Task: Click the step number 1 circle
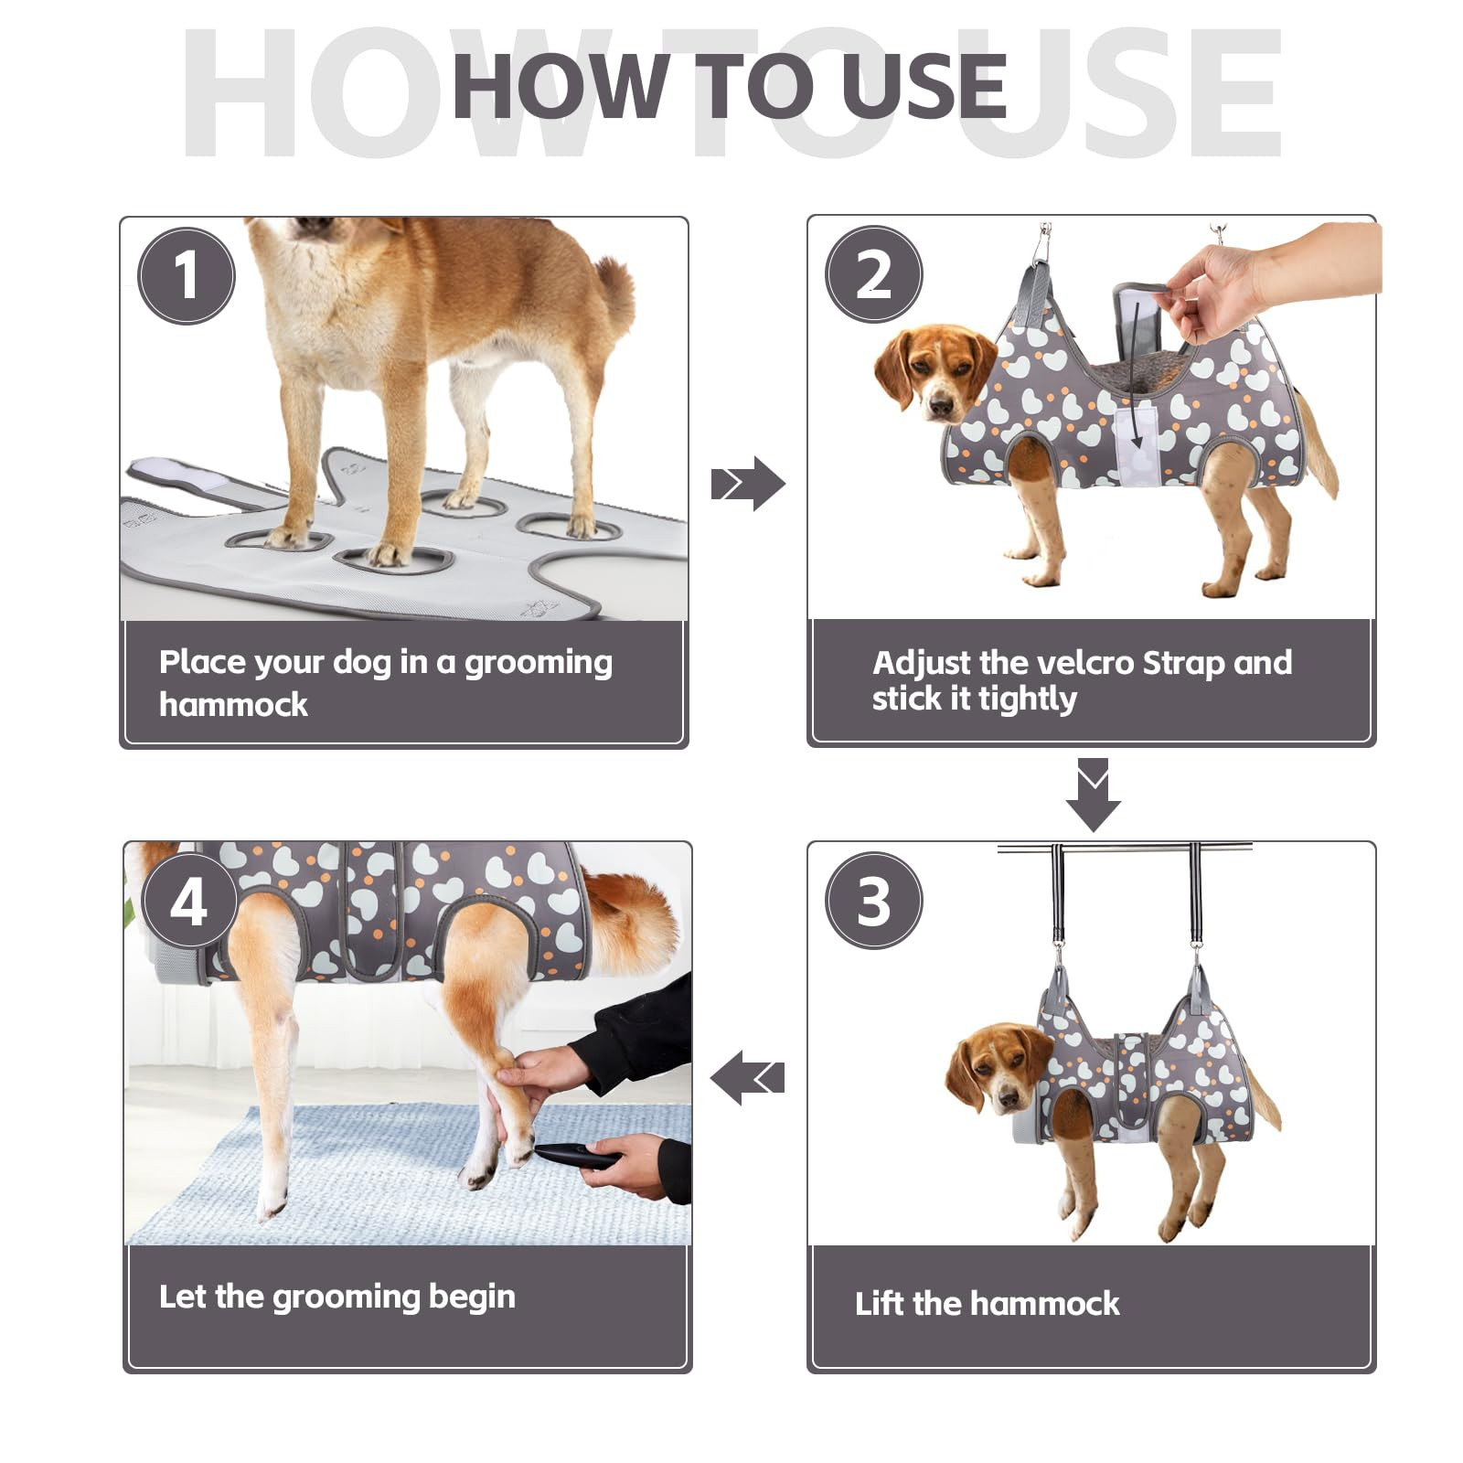[x=187, y=275]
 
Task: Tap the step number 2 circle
[x=874, y=273]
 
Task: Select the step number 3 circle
[x=874, y=901]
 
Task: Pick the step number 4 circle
[x=189, y=902]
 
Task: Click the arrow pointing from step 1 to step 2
[x=748, y=484]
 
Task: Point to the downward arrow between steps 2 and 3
[x=1093, y=795]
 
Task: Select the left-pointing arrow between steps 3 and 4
[x=747, y=1077]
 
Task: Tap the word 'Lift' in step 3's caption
[x=879, y=1302]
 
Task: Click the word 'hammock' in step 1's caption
[x=233, y=704]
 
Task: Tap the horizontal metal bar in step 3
[x=1124, y=849]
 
